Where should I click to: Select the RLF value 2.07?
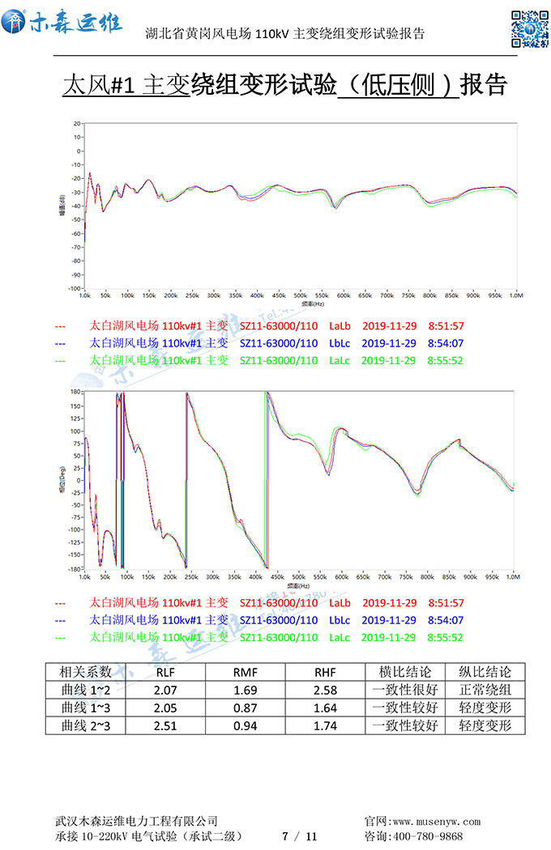coord(165,690)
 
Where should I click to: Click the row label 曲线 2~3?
coord(85,725)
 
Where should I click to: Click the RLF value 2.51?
coord(165,725)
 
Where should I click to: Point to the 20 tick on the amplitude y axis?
coord(76,124)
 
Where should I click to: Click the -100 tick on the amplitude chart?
coord(74,288)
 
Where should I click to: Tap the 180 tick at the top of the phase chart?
coord(75,392)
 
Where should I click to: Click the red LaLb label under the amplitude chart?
coord(340,326)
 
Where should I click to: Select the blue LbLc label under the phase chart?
coord(340,620)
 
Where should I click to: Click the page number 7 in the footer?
coord(284,836)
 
